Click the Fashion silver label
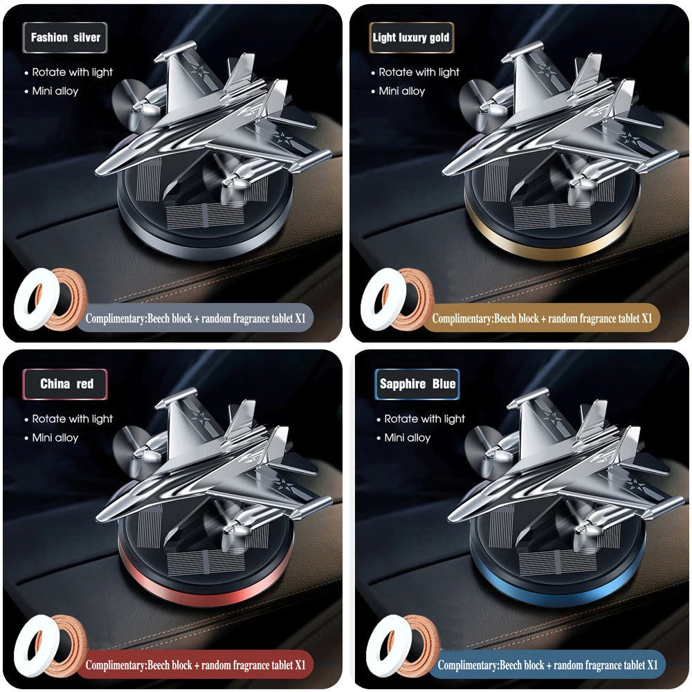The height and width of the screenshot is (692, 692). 66,38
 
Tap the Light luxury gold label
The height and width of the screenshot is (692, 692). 410,38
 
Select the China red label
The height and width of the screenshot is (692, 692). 66,383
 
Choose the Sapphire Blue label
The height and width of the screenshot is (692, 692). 417,384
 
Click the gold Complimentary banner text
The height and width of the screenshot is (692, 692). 542,319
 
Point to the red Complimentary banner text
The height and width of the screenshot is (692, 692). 195,665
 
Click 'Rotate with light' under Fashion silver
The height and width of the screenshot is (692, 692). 72,72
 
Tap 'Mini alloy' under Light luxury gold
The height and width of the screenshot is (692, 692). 402,91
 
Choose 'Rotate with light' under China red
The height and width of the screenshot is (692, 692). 72,419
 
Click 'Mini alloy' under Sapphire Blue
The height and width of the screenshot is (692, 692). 408,437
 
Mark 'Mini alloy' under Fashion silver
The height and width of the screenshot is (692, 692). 55,91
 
